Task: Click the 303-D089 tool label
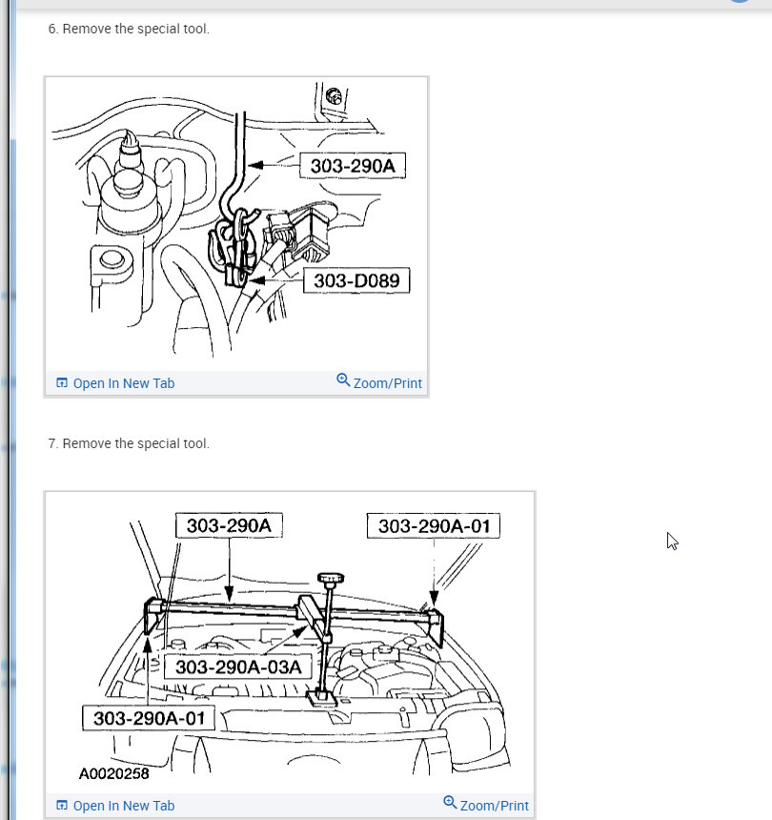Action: point(356,281)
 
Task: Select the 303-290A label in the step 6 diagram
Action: point(353,166)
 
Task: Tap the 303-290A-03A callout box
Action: point(238,667)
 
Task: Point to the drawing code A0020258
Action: point(114,773)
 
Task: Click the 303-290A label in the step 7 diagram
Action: point(229,525)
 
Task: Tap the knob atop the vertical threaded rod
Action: point(331,579)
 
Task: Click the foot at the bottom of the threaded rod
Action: point(320,697)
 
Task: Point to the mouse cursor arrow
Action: point(672,541)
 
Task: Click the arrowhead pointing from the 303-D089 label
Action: point(257,281)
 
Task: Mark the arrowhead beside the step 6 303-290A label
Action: point(255,165)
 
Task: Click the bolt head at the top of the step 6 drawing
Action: point(334,96)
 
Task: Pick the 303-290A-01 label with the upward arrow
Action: point(149,718)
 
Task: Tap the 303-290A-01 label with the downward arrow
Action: point(434,526)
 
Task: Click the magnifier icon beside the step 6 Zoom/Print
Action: point(343,379)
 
